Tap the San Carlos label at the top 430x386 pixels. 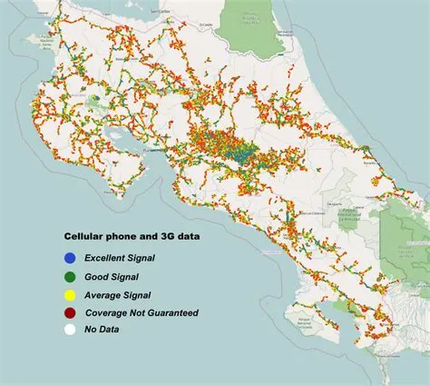tap(161, 10)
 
